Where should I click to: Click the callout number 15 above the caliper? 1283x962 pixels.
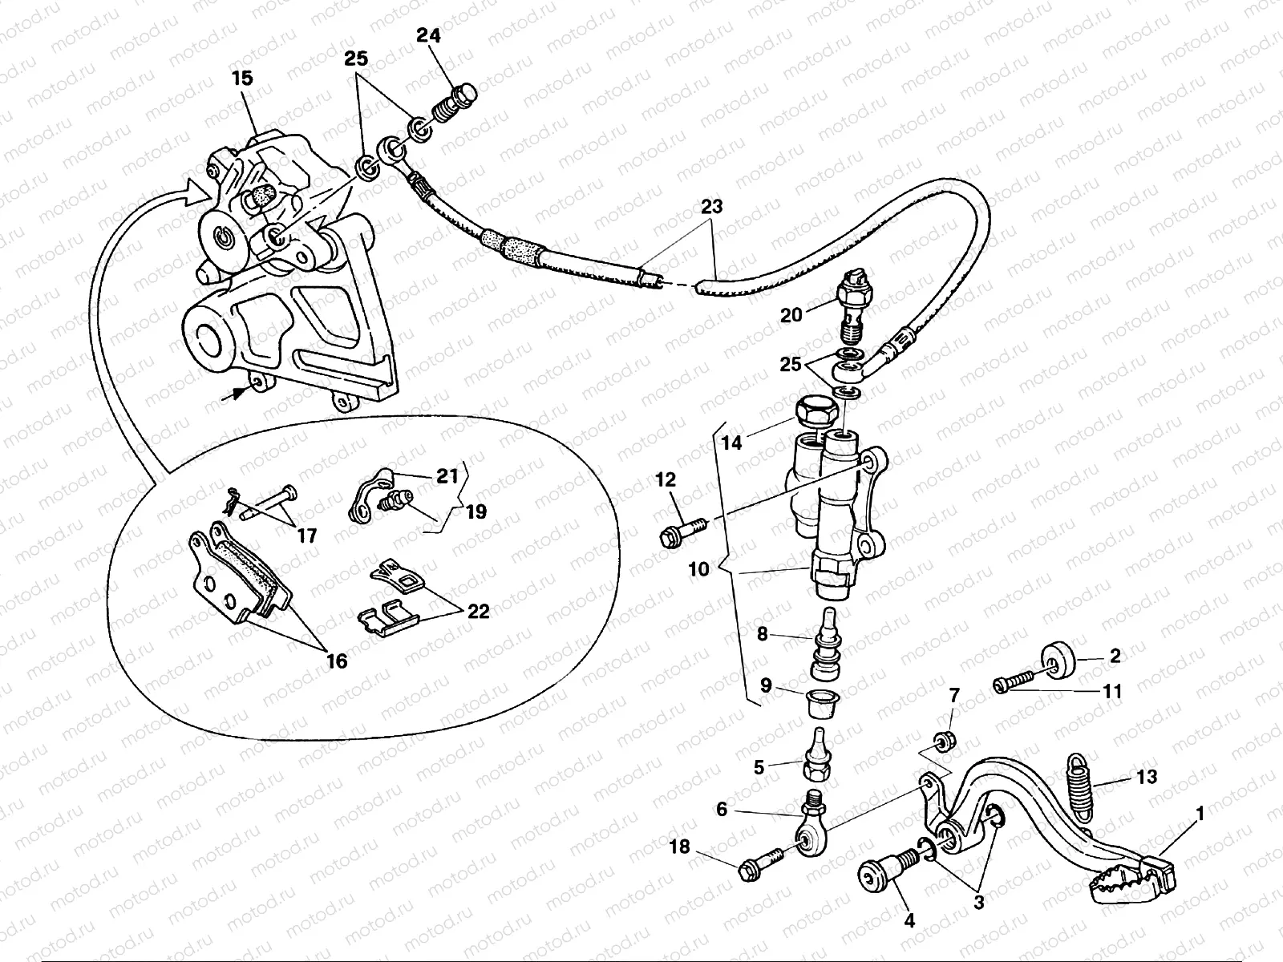click(x=242, y=79)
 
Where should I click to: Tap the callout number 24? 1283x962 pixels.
click(x=428, y=35)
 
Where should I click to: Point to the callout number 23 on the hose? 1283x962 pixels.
click(x=711, y=207)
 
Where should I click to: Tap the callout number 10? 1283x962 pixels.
click(x=698, y=569)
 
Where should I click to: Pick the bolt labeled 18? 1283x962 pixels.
click(x=754, y=866)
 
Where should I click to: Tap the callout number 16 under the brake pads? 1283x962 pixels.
click(x=337, y=661)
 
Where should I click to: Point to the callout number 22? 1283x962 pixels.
click(x=478, y=611)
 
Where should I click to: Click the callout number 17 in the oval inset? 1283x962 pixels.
click(x=307, y=535)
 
